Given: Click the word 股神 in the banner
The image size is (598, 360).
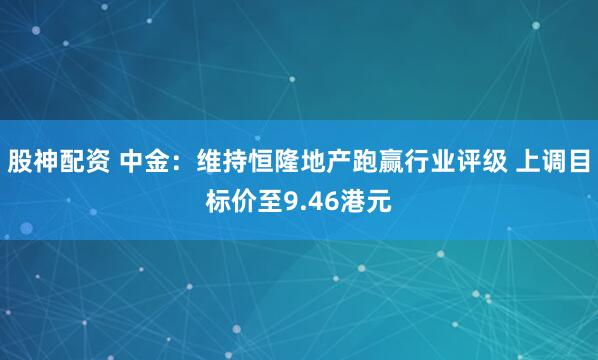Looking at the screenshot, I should tap(35, 159).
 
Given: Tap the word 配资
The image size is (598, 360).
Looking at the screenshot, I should tap(88, 159).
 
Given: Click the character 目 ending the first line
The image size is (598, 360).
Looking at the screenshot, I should tap(585, 159).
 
